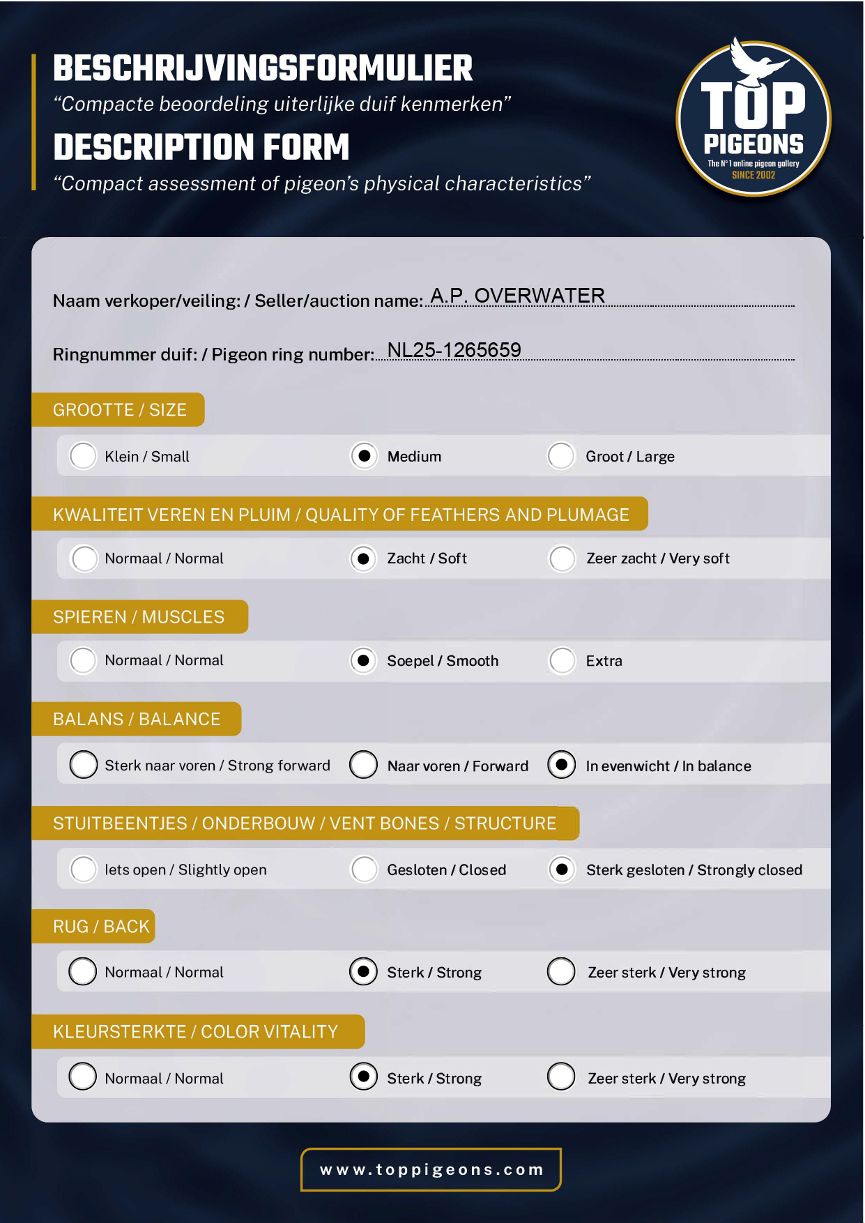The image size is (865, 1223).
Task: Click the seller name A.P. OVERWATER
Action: pos(517,296)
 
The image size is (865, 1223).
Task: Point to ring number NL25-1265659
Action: pos(454,350)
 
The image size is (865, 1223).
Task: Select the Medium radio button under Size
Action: pos(364,456)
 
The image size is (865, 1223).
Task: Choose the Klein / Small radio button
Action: pos(83,456)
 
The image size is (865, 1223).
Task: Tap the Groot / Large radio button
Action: pos(561,456)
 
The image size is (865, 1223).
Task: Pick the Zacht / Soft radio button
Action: pos(364,559)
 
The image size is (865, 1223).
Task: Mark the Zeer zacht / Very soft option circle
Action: pos(562,559)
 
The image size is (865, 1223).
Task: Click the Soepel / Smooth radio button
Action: pos(364,660)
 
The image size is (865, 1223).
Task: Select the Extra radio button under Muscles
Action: pos(562,660)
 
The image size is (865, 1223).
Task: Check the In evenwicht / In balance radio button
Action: pos(562,765)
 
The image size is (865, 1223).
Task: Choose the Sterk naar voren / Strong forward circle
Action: pos(84,765)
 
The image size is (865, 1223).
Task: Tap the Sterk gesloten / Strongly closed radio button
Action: pos(562,869)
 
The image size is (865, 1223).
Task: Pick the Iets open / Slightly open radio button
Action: pos(84,869)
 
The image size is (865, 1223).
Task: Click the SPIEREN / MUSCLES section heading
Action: pos(139,617)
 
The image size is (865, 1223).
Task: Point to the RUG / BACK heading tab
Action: pos(101,927)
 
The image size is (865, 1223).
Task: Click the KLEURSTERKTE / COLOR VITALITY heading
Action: pos(195,1031)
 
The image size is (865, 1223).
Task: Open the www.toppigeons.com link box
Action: pos(431,1169)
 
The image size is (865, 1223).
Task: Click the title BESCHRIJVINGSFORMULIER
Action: pos(263,68)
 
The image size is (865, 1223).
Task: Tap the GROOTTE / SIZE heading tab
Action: pos(119,410)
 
